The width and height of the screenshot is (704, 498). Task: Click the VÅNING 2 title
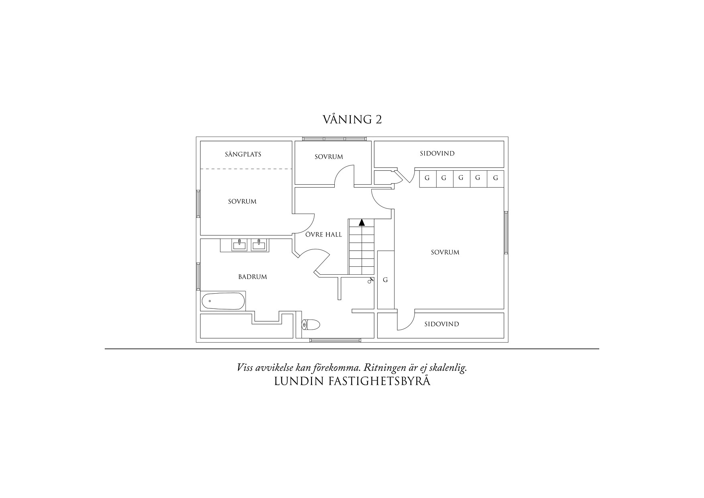[x=352, y=119]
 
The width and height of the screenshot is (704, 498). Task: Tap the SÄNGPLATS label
[x=243, y=154]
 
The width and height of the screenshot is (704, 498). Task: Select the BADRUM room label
[x=252, y=277]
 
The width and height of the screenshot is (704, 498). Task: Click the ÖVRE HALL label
[x=324, y=234]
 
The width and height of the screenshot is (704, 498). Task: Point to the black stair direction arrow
[x=362, y=222]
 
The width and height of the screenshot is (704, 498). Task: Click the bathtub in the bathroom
[x=223, y=301]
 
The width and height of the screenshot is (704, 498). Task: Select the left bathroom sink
[x=240, y=245]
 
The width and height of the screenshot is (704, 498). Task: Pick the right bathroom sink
[x=259, y=245]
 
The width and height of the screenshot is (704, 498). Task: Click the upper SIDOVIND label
[x=437, y=153]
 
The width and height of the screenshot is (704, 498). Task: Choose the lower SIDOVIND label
[x=442, y=324]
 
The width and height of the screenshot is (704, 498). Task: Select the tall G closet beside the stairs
[x=386, y=280]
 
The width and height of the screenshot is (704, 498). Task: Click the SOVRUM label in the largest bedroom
[x=445, y=252]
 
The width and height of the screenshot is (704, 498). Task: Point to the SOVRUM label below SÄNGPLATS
[x=242, y=202]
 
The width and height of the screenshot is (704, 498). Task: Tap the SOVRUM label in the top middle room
[x=329, y=157]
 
